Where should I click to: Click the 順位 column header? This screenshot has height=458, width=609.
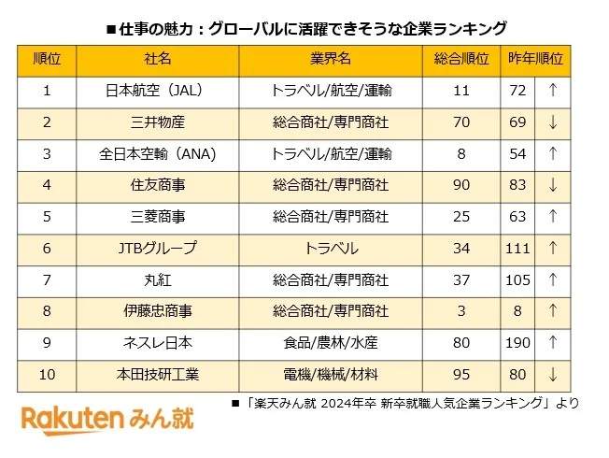click(x=47, y=59)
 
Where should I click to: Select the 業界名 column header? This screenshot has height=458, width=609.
click(x=331, y=59)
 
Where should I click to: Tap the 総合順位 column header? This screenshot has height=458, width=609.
click(x=461, y=59)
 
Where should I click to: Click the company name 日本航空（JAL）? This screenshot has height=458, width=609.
click(x=157, y=91)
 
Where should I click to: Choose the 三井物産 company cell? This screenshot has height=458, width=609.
click(x=157, y=122)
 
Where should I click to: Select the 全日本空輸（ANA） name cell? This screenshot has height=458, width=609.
click(x=157, y=153)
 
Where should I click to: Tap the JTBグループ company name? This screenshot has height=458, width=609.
click(x=157, y=249)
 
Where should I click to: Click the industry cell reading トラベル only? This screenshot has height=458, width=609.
click(x=331, y=249)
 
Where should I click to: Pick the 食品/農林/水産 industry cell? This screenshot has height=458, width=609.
click(x=331, y=343)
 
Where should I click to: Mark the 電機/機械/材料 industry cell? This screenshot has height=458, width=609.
click(x=331, y=375)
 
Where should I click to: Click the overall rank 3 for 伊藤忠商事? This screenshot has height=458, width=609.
click(x=461, y=311)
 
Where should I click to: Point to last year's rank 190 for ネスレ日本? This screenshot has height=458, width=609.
click(x=517, y=343)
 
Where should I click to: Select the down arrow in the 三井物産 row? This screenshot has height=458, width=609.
click(x=554, y=122)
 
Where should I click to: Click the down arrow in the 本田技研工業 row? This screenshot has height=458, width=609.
click(x=554, y=375)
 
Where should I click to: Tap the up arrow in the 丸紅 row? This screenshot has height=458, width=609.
click(x=554, y=280)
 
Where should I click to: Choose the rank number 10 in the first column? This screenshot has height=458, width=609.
click(x=47, y=375)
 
